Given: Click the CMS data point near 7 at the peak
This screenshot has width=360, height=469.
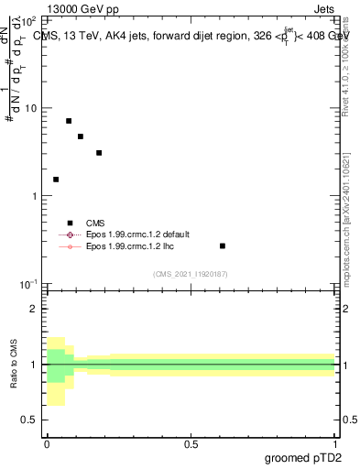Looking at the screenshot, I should click(x=69, y=121).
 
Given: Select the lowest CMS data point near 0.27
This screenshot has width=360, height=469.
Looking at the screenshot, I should click(x=223, y=246).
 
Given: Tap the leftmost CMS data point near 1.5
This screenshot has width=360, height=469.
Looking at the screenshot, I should click(x=56, y=180).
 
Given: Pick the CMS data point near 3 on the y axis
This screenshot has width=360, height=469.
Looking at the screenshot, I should click(x=99, y=153).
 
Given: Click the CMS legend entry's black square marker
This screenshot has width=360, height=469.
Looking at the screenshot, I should click(x=70, y=223).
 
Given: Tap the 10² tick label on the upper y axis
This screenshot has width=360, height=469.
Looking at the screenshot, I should click(x=29, y=20).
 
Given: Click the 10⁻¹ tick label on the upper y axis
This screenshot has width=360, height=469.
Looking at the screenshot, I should click(x=28, y=285).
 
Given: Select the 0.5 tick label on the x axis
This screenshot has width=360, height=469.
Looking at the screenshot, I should click(x=191, y=444).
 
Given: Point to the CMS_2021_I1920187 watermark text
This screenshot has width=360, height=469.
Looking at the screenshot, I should click(x=191, y=274).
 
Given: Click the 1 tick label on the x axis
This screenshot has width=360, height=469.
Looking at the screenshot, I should click(x=335, y=444).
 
